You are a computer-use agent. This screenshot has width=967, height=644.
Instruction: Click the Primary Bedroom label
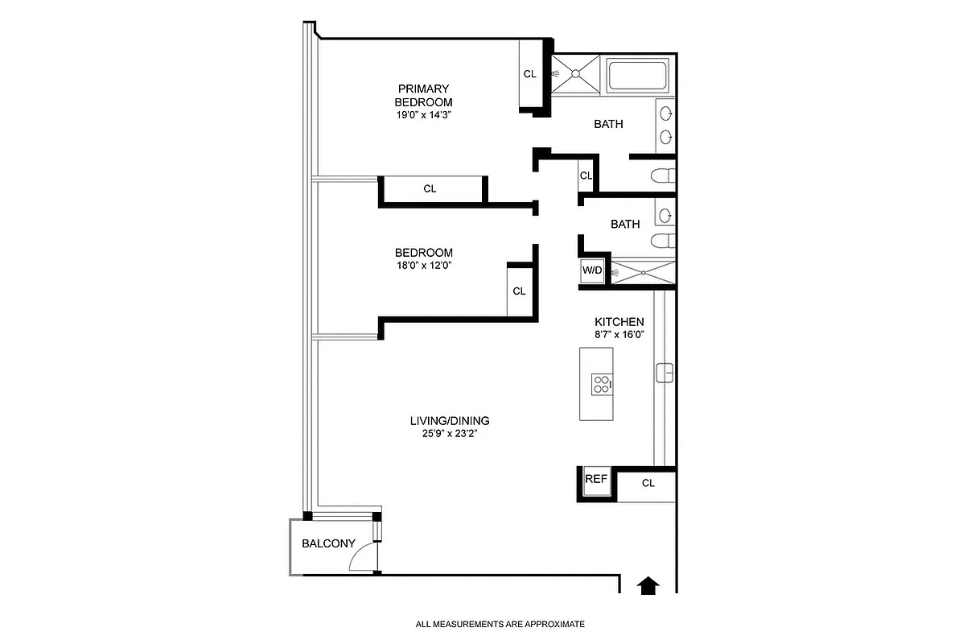click(423, 95)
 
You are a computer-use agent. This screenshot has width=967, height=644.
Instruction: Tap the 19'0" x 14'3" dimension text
click(423, 114)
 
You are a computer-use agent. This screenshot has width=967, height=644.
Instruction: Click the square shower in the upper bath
click(576, 74)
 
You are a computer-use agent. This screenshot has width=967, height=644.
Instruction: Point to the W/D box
click(592, 270)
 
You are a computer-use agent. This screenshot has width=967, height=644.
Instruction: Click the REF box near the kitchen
click(595, 479)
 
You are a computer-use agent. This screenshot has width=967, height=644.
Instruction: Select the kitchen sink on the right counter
click(665, 373)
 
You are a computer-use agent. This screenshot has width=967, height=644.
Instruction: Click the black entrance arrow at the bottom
click(648, 584)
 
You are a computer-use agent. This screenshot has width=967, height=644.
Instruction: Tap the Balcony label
click(328, 543)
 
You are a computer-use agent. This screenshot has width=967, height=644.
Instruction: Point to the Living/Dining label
click(450, 420)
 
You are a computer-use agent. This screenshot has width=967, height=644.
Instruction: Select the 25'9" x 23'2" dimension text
click(450, 433)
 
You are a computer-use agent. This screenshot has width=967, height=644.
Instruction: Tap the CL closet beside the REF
click(648, 483)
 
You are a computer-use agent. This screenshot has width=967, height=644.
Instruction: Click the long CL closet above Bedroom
click(430, 188)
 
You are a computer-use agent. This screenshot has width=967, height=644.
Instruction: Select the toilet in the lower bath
click(665, 241)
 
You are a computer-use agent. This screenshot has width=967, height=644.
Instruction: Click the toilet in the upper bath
click(665, 175)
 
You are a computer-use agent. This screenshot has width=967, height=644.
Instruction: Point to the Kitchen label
click(619, 322)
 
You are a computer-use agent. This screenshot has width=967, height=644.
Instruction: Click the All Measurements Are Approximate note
click(500, 624)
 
